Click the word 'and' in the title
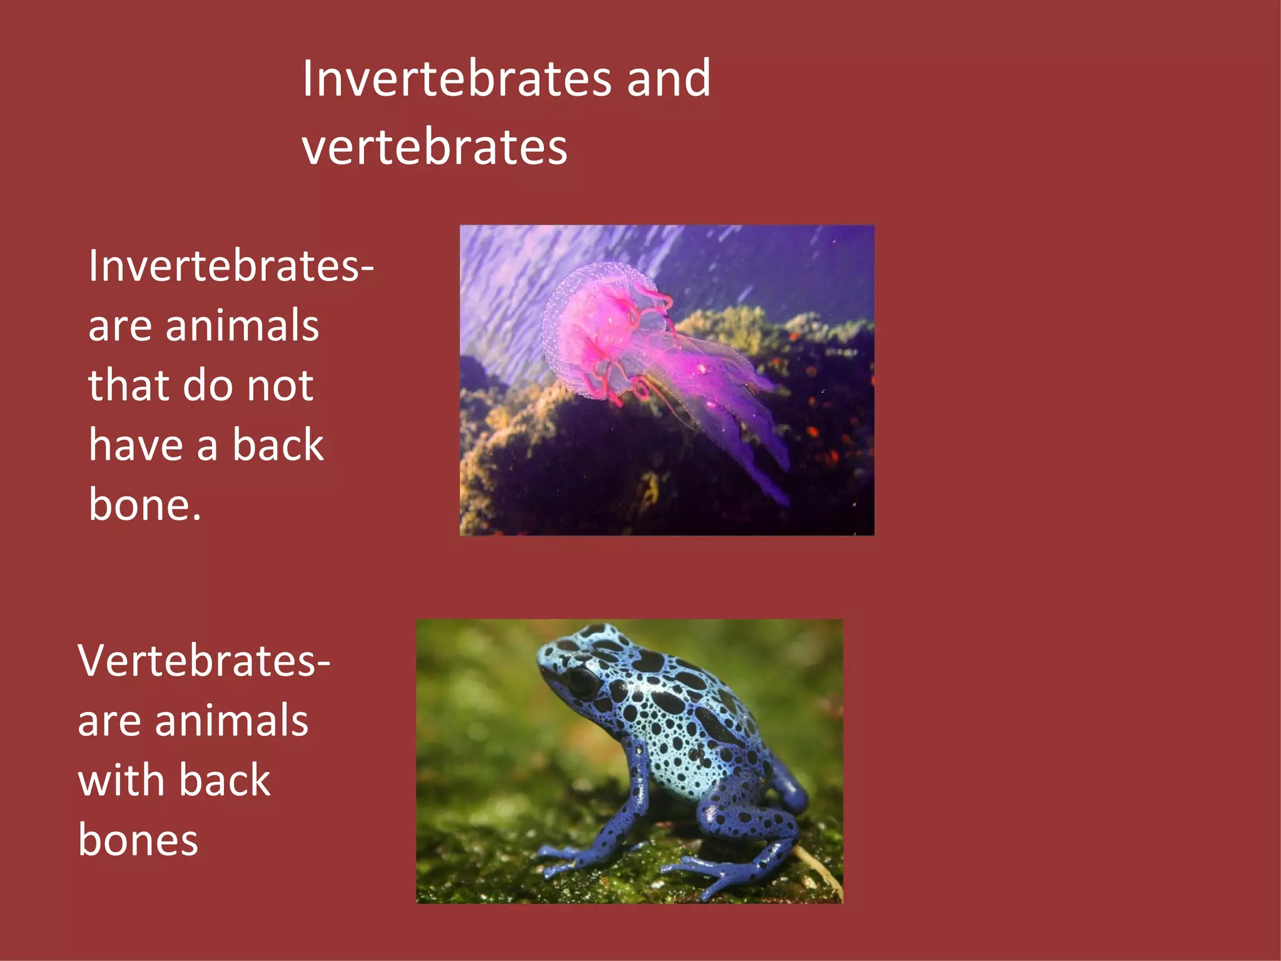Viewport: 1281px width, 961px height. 668,79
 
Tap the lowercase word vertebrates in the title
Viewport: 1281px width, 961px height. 434,148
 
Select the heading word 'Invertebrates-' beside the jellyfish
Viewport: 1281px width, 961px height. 230,267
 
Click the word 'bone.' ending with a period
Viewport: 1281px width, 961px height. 144,504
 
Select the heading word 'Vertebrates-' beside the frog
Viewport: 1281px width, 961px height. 203,661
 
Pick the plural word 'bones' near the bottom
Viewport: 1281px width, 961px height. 138,840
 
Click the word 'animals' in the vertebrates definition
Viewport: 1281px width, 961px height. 231,721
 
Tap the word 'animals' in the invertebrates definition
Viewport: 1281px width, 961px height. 242,327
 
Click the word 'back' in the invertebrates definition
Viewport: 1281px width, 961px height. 278,445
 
